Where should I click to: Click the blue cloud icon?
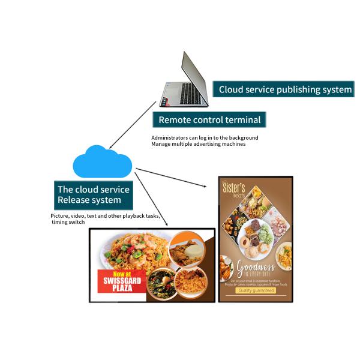pyautogui.click(x=102, y=161)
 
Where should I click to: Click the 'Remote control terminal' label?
pyautogui.click(x=209, y=119)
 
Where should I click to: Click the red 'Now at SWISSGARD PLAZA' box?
pyautogui.click(x=122, y=282)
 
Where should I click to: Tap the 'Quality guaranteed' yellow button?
pyautogui.click(x=256, y=290)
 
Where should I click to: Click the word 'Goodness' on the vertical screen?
pyautogui.click(x=256, y=266)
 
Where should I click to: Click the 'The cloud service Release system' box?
pyautogui.click(x=93, y=194)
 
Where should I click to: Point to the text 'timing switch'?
pyautogui.click(x=68, y=222)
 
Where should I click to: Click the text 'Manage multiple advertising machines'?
pyautogui.click(x=198, y=144)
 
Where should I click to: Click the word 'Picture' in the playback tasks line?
pyautogui.click(x=59, y=215)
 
